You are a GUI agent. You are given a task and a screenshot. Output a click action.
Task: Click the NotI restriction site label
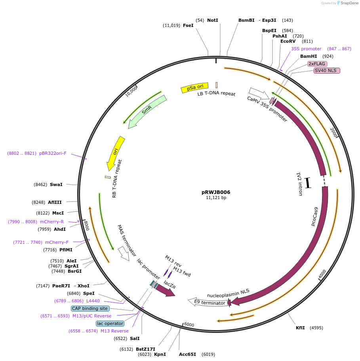pyautogui.click(x=212, y=20)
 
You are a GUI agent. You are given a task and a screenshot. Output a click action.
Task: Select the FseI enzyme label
pyautogui.click(x=188, y=25)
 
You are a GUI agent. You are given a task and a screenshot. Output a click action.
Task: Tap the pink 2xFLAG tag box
pyautogui.click(x=317, y=64)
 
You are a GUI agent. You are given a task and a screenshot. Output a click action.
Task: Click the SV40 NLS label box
pyautogui.click(x=327, y=71)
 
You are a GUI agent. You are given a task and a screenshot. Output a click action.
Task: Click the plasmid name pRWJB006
pyautogui.click(x=215, y=192)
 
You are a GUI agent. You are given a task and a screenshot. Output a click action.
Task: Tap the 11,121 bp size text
pyautogui.click(x=216, y=198)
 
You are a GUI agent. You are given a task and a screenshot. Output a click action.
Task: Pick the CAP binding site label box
pyautogui.click(x=90, y=308)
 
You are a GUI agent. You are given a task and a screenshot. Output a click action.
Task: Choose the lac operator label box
pyautogui.click(x=110, y=323)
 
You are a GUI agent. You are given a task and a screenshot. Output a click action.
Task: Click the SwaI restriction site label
pyautogui.click(x=56, y=184)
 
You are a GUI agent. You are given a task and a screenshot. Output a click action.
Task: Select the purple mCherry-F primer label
pyautogui.click(x=57, y=242)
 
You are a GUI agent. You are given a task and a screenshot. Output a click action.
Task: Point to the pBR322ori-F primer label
pyautogui.click(x=53, y=153)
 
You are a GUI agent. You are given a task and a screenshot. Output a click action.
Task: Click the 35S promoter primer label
pyautogui.click(x=306, y=49)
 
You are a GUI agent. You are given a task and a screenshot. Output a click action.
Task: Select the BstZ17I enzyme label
pyautogui.click(x=145, y=349)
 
